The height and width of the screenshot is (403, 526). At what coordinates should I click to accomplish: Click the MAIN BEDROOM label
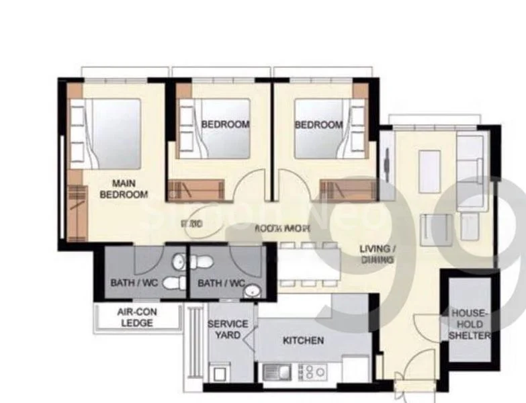coord(123,189)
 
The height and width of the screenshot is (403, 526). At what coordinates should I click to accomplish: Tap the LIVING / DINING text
coord(377,254)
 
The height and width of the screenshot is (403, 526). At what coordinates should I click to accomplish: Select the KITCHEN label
coord(303,341)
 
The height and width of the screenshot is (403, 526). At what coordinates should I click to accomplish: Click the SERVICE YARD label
coord(228,329)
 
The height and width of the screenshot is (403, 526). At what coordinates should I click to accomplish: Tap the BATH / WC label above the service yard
coord(220,283)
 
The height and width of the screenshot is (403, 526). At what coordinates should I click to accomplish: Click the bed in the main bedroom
coord(107,133)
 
